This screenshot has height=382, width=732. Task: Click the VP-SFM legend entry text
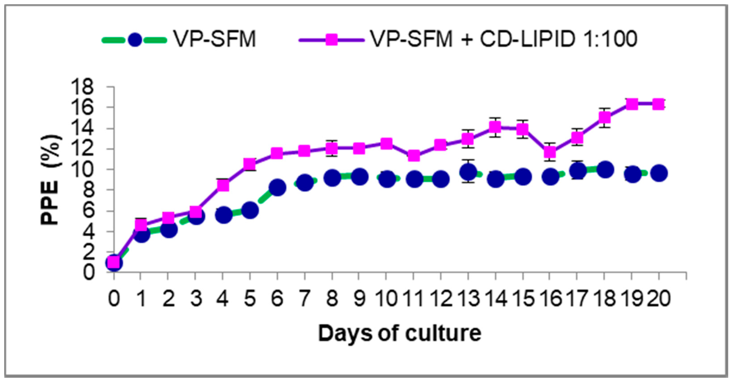215,39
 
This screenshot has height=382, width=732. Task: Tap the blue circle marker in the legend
135,40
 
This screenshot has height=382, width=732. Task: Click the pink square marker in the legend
332,40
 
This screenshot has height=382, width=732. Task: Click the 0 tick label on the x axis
114,299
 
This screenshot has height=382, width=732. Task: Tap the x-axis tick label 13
469,299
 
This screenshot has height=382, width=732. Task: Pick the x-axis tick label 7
305,299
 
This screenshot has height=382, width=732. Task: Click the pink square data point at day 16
550,152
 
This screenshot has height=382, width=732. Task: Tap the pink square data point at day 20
659,104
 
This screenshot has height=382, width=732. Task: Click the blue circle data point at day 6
277,188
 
